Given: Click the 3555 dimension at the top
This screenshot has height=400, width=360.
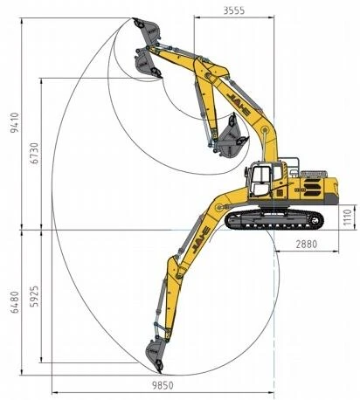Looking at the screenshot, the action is click(x=234, y=10).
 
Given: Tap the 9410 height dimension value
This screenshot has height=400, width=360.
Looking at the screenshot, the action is click(x=15, y=122).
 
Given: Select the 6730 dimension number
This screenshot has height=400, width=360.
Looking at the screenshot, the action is click(x=35, y=153).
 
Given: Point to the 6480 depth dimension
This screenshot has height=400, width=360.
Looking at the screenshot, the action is click(x=15, y=302).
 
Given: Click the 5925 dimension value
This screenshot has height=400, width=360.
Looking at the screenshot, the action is click(x=35, y=296).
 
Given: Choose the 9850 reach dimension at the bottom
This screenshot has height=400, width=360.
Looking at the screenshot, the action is click(x=163, y=385).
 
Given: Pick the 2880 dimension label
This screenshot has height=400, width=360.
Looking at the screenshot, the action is click(x=307, y=244).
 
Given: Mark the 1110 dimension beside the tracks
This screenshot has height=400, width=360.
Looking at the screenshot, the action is click(x=348, y=217).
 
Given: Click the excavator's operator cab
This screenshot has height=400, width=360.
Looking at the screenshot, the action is click(x=263, y=180).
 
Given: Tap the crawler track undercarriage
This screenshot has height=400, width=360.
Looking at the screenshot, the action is click(x=274, y=220).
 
